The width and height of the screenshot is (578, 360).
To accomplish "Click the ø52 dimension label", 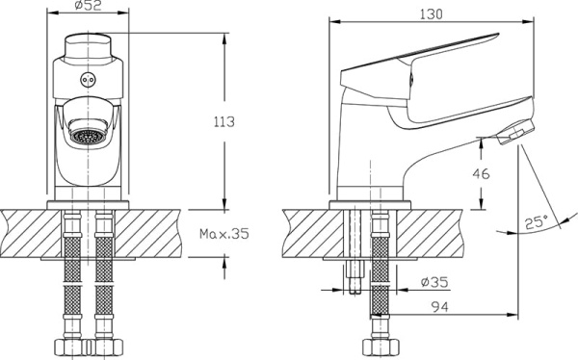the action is click(x=88, y=5).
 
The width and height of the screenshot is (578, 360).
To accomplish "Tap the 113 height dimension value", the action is click(x=224, y=121).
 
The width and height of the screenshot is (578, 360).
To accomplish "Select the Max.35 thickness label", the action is click(x=224, y=233).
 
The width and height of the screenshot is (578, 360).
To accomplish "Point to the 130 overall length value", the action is click(x=431, y=14).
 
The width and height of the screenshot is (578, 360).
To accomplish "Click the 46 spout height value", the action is click(x=481, y=173).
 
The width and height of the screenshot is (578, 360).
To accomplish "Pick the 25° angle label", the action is click(x=537, y=221).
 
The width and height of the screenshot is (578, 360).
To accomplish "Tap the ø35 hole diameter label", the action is click(x=434, y=282).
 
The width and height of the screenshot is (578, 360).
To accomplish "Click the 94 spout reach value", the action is click(x=440, y=306).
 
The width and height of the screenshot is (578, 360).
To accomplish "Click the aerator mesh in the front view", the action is click(x=89, y=136).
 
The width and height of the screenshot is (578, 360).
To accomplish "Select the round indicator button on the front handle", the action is click(x=88, y=80).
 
